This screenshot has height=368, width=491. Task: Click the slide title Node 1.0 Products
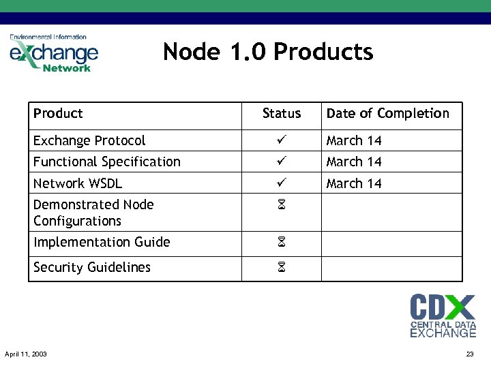coord(268,52)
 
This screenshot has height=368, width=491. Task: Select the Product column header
coord(58,113)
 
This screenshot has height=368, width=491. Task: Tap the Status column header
coord(281,113)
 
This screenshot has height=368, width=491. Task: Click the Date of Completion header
coord(387,113)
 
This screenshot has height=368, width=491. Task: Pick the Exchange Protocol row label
coord(89,140)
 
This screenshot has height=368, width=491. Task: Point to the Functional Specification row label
coord(107,162)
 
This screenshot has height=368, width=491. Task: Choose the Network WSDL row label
coord(78,183)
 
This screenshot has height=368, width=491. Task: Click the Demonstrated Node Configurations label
coord(93,213)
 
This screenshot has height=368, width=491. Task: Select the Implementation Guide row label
coord(102,242)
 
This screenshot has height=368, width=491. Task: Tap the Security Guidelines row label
coord(92,267)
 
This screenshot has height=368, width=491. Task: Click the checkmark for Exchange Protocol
coord(281,140)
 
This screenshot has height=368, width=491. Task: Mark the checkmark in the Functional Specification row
coord(281,162)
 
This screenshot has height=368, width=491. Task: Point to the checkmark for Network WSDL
coord(281,183)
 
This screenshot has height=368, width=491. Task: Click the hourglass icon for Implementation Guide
coord(281,243)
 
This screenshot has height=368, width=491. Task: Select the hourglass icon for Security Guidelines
coord(281,268)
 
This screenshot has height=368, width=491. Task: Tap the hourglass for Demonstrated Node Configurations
coord(281,205)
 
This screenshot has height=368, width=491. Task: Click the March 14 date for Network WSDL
coord(354,183)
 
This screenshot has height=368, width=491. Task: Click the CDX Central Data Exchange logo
coord(443,316)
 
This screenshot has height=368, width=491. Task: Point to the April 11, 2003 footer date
coord(26,354)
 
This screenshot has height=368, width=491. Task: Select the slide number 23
coord(469,354)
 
